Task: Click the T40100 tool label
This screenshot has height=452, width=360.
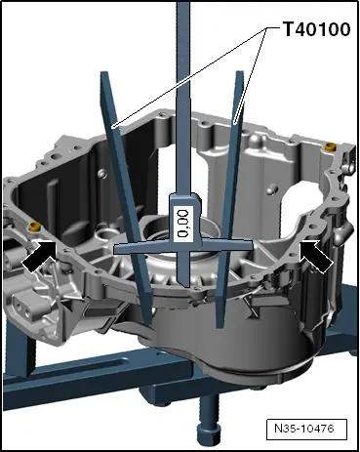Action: (316, 30)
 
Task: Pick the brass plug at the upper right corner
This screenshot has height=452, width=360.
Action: (330, 145)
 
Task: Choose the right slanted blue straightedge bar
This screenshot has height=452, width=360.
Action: (234, 176)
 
